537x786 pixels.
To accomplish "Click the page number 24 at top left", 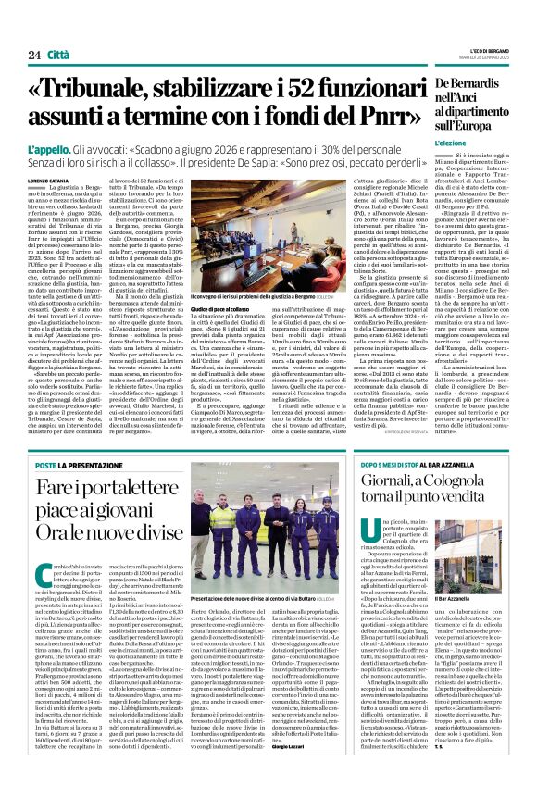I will click(21, 30).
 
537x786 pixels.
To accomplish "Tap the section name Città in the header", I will click(57, 30).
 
